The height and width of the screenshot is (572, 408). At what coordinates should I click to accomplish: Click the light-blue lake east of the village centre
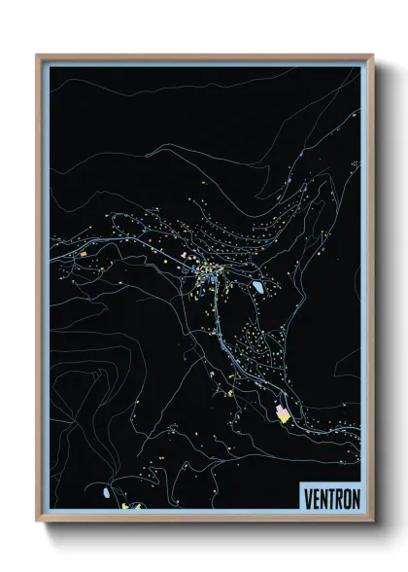(258, 287)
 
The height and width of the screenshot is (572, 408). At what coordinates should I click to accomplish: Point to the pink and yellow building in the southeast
(283, 414)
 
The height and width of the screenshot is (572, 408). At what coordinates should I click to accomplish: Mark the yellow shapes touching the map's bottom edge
(130, 506)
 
